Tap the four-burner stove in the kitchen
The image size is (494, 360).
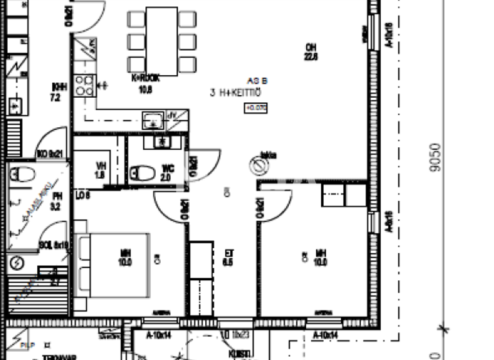[84, 85]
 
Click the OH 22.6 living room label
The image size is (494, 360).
[311, 51]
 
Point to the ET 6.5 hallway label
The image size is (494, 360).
[227, 258]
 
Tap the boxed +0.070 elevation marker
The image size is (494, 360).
[255, 108]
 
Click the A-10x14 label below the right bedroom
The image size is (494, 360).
[325, 335]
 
